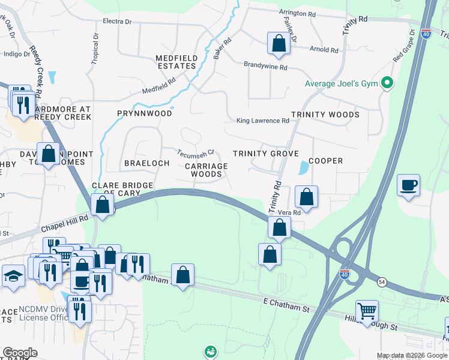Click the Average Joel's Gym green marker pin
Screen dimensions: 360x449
click(387, 83)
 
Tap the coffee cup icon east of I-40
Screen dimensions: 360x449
click(408, 185)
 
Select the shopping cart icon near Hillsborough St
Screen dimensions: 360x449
click(367, 311)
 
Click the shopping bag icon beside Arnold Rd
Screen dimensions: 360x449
click(278, 43)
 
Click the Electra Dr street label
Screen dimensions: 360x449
click(117, 22)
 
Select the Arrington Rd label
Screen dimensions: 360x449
click(297, 13)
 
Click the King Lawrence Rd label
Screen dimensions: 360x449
click(262, 121)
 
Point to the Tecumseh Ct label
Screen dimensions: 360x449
click(195, 152)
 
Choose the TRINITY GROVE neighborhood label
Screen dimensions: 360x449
click(265, 154)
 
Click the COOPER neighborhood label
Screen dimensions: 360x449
click(325, 161)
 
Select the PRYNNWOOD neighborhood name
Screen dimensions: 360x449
click(145, 113)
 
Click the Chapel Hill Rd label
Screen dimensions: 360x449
click(64, 224)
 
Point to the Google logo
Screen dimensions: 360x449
click(20, 353)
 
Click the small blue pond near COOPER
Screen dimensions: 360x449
click(301, 169)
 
